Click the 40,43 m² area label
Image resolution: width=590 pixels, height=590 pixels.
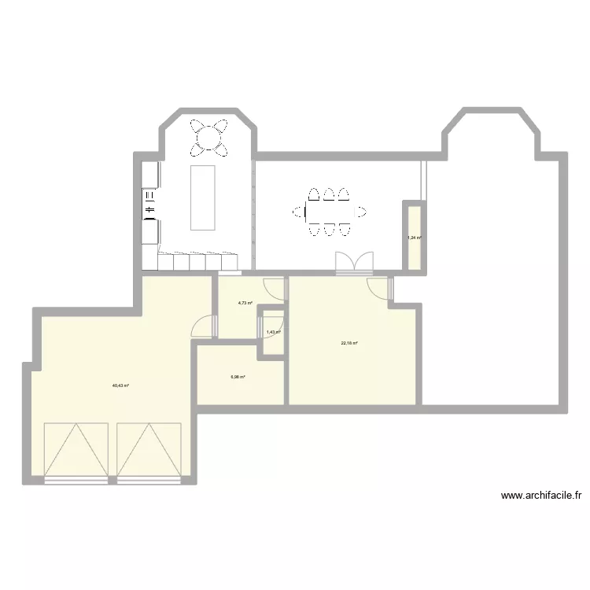click(120, 385)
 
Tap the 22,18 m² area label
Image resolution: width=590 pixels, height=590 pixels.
click(349, 343)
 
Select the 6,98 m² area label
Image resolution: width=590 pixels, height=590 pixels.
click(238, 377)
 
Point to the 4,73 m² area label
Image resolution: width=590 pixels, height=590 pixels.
click(245, 303)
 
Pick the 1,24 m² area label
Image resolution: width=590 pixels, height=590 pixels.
click(414, 238)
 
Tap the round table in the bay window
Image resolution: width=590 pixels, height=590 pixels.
click(210, 138)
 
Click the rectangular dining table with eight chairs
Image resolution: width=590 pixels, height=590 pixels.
click(329, 211)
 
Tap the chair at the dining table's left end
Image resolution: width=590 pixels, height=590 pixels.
click(299, 211)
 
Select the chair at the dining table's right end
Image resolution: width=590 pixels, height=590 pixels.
click(360, 211)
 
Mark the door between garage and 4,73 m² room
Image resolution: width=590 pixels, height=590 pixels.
click(204, 326)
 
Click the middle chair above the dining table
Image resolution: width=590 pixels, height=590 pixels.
click(329, 194)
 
